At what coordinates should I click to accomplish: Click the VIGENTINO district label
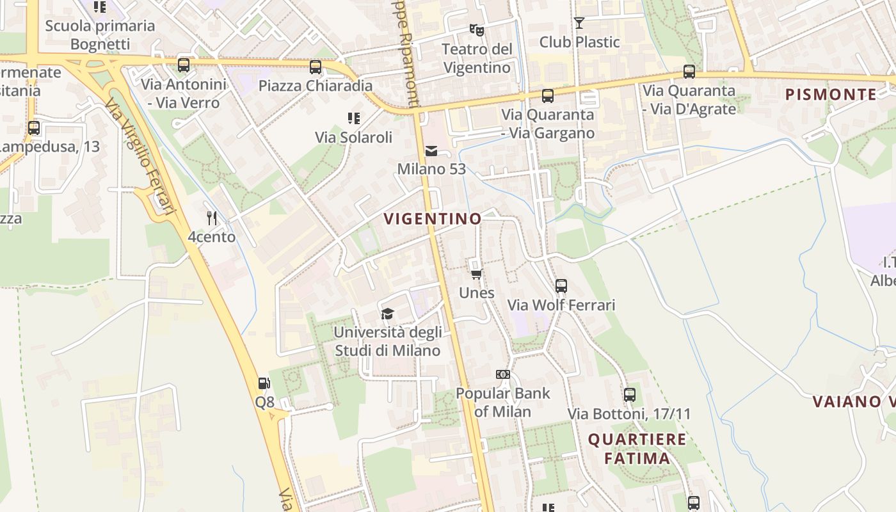coord(433,219)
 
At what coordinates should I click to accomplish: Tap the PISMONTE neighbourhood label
coord(831,95)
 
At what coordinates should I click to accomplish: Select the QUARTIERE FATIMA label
coord(637,449)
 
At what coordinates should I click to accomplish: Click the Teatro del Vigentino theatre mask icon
coord(476,29)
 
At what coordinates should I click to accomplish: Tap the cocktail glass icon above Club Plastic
coord(579,23)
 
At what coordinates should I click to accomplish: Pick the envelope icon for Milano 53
coord(431,151)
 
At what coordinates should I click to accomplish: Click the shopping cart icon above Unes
coord(476,275)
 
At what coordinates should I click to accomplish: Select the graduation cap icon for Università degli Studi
coord(387,314)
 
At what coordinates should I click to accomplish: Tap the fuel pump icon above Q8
coord(264,383)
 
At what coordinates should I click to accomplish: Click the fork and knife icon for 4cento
coord(212,218)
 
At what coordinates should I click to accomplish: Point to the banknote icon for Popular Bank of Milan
coord(502,374)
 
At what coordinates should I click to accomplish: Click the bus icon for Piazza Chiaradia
coord(315,67)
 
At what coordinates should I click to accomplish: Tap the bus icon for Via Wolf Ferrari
coord(561,286)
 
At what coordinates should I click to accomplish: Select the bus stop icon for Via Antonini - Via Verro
coord(184,65)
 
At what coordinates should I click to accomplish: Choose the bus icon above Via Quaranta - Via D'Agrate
coord(689,72)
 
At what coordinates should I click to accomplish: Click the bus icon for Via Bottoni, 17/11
coord(630,395)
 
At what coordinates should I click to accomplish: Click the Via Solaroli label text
coord(353,137)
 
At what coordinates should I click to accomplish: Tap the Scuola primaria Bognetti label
coord(100,35)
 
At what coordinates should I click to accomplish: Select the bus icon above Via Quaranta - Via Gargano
coord(548,96)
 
